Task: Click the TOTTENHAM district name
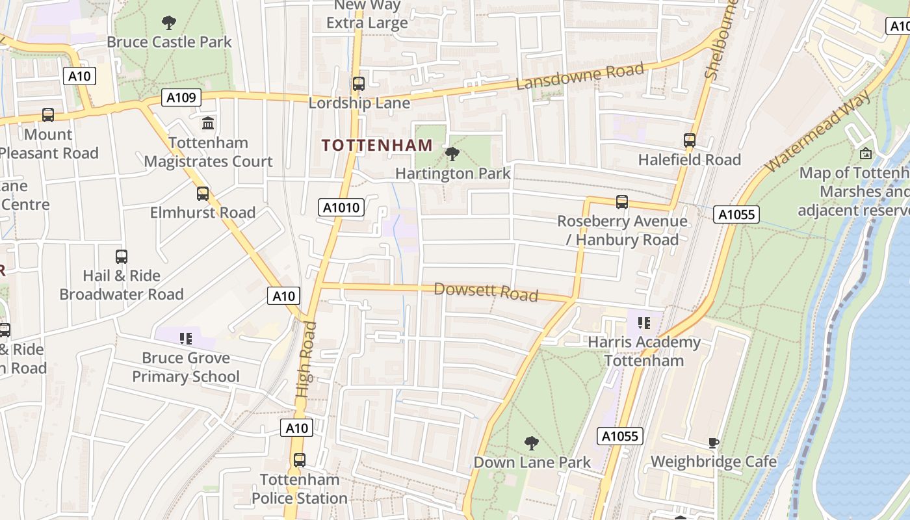[x=377, y=145]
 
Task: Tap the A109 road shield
[x=181, y=97]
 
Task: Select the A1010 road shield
[x=341, y=207]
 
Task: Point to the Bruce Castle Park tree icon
[x=169, y=23]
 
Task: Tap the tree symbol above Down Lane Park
[x=532, y=443]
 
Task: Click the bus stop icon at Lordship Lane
[x=358, y=84]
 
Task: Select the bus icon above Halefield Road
[x=689, y=140]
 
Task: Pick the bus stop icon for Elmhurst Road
[x=203, y=193]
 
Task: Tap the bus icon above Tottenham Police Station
[x=299, y=460]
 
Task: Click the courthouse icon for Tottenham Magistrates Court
[x=208, y=123]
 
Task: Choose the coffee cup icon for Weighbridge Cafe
[x=713, y=443]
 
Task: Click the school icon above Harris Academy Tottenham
[x=643, y=322]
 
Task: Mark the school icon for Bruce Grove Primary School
[x=186, y=338]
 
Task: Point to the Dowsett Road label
[x=486, y=292]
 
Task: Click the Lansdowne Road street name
[x=580, y=76]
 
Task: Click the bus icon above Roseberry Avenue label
[x=621, y=201]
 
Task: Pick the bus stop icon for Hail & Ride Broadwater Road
[x=122, y=256]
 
